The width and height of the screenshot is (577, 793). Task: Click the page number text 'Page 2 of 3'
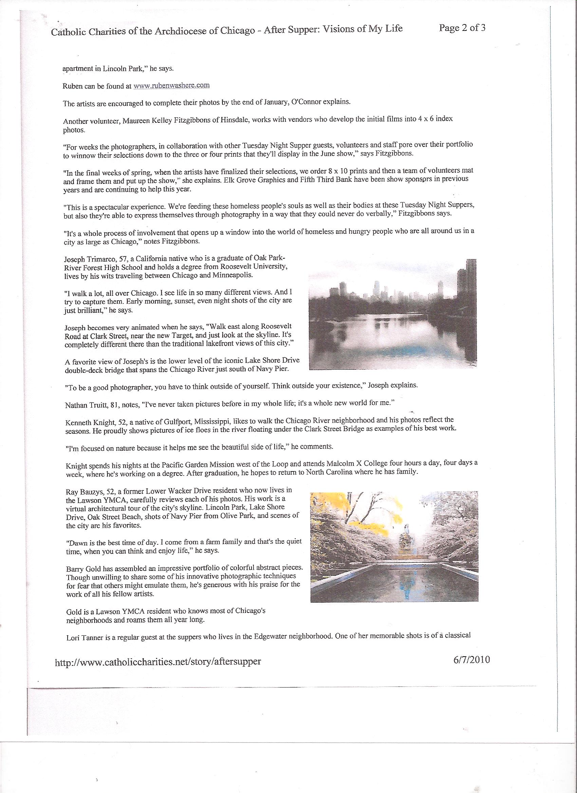(462, 28)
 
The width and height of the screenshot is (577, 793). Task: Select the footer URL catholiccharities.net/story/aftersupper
(158, 661)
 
